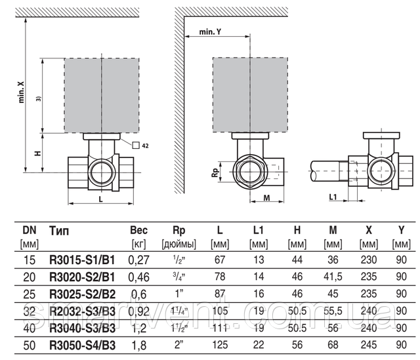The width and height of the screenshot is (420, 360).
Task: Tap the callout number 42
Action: pos(145,144)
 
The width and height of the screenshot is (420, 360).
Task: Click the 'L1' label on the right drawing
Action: pos(332,195)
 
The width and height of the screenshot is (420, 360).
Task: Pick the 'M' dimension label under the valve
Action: pos(267,196)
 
